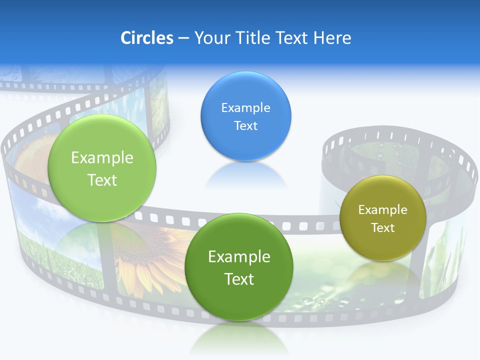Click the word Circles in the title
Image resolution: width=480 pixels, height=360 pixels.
pos(146,38)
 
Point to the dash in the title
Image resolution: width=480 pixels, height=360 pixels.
pos(183,38)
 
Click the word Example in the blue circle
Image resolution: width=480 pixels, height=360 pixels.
pos(245,108)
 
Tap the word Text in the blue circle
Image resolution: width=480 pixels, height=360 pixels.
pos(245,126)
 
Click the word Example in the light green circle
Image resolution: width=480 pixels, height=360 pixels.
pos(102,158)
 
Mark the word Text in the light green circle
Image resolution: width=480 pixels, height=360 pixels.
pos(102,180)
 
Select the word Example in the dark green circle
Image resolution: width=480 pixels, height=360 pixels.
pos(239,257)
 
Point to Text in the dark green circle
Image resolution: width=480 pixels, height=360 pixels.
pos(239,279)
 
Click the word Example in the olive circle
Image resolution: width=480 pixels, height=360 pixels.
pos(382,210)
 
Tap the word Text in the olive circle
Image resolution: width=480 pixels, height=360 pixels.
pos(382,228)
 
